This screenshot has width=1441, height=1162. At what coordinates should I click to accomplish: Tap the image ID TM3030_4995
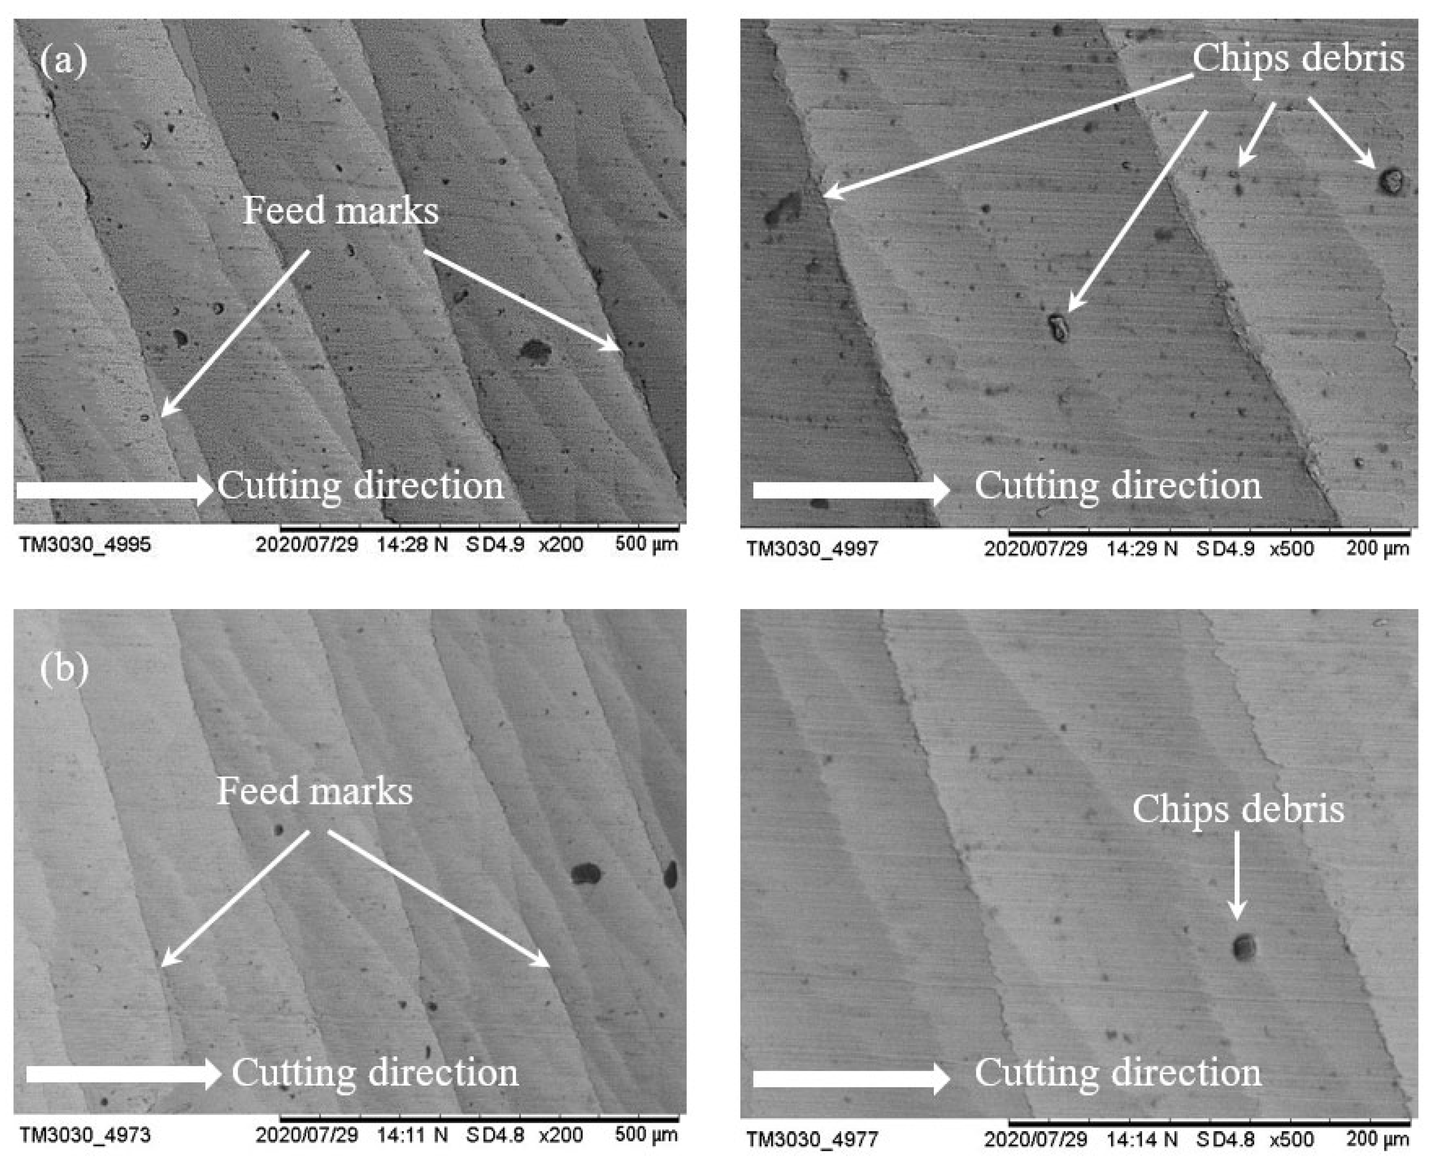[x=85, y=544]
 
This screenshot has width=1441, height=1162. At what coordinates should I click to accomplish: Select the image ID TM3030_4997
[x=812, y=549]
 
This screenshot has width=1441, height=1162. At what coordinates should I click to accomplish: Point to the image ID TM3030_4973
[x=85, y=1135]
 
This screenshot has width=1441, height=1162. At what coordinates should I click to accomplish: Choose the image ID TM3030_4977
[x=812, y=1139]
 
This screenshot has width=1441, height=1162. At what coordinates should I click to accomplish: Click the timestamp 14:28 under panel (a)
[x=411, y=544]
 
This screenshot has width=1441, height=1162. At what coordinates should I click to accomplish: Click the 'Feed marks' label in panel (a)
[x=340, y=210]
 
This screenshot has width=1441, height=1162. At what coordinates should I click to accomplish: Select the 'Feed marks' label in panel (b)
[x=314, y=791]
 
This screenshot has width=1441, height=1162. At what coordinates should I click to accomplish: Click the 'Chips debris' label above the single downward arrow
[x=1238, y=809]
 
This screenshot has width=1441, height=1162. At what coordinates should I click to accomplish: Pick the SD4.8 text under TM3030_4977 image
[x=1226, y=1139]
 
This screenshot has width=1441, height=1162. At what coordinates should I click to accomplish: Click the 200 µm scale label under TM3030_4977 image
[x=1377, y=1139]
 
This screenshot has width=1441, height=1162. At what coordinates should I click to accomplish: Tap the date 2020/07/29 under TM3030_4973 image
[x=306, y=1135]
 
